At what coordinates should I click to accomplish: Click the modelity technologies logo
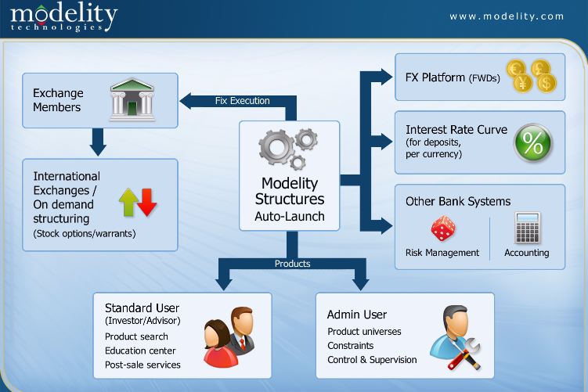63,18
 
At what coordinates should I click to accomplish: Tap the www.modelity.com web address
507,16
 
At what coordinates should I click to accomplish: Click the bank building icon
132,99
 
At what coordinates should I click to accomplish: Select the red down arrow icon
147,203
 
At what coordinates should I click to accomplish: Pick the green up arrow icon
128,203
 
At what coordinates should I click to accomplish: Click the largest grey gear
276,147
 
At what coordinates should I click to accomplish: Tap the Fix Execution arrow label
242,101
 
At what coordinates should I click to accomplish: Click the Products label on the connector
293,264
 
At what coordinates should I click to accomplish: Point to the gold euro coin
516,70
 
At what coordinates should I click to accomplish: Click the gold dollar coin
547,83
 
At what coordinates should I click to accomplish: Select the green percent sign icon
533,142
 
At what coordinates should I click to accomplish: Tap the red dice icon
443,228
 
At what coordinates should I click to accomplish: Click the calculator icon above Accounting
527,228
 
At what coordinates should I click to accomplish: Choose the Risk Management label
442,253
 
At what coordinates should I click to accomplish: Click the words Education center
140,351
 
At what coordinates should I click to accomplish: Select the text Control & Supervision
372,360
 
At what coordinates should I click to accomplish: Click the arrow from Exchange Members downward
98,142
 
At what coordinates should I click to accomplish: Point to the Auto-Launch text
290,216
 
